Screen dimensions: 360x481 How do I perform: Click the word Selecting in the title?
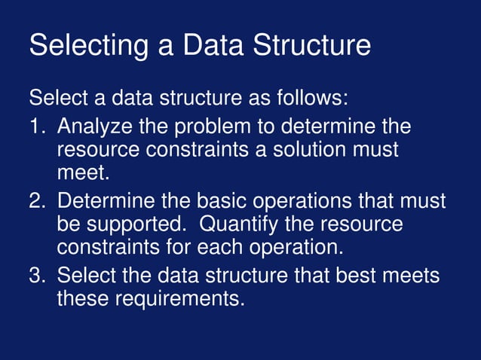(86, 45)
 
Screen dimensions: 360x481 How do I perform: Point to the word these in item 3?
(83, 300)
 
